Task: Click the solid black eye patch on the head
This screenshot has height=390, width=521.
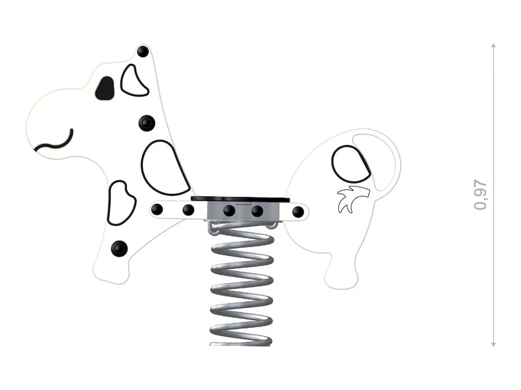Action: tap(105, 88)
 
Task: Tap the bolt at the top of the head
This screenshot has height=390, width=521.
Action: tap(143, 51)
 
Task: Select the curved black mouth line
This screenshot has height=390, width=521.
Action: tap(55, 142)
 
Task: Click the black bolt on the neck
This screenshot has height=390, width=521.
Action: tap(146, 124)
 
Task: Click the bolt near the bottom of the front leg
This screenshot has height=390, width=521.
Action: tap(119, 248)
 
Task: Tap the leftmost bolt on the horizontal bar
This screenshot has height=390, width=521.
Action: tap(157, 209)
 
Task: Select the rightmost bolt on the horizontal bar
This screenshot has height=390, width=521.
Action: tap(298, 211)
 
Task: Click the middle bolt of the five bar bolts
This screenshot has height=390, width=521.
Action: tap(229, 210)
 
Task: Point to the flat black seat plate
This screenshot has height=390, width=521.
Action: tap(240, 199)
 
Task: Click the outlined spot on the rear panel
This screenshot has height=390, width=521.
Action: tap(351, 164)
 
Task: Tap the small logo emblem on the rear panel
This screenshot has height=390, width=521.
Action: tap(353, 199)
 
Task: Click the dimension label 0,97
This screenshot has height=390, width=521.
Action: tap(480, 195)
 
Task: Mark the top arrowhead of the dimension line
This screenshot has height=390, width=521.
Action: tap(493, 46)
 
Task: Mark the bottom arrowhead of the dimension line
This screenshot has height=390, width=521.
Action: tap(493, 344)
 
